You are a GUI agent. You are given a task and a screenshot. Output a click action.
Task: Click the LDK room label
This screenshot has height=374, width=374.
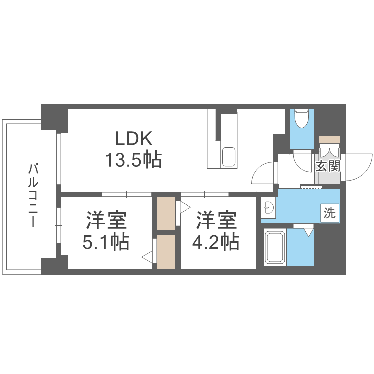tap(133, 138)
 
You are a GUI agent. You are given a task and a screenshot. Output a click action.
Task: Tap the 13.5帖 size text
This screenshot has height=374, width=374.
tap(133, 160)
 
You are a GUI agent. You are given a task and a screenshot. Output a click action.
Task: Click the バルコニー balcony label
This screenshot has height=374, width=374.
tap(33, 194)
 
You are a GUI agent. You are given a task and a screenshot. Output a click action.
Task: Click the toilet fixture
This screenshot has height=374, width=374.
tap(302, 120)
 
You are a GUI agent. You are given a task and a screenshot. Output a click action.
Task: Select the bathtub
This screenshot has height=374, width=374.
tap(274, 248)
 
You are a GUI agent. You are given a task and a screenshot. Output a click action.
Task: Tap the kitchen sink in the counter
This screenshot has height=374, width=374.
tap(229, 156)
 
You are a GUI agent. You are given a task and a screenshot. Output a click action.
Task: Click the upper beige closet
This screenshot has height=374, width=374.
tap(166, 212)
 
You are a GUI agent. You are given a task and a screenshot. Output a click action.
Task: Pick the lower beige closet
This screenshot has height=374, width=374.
tap(166, 252)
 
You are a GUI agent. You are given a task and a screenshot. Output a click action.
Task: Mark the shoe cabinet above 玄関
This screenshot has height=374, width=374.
tap(329, 139)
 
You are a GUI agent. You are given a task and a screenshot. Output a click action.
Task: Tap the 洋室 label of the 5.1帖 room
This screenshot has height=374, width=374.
tap(106, 220)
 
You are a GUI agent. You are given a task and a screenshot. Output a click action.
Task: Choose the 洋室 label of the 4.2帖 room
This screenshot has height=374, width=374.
tap(215, 220)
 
